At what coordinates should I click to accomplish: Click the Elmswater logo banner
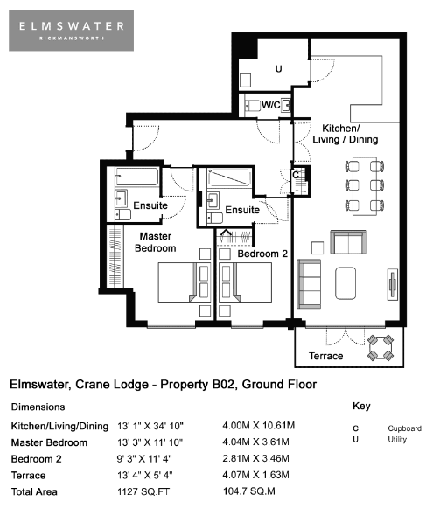pos(72,30)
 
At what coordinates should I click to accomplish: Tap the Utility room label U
pos(278,69)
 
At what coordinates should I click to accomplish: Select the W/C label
pos(270,105)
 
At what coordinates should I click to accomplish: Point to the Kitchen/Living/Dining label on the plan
pos(346,134)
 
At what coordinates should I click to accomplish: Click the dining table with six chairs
pos(365,185)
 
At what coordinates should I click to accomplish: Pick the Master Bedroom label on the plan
pos(155,242)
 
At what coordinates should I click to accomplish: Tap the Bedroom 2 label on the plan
pos(262,254)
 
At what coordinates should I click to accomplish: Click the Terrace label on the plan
pos(325,356)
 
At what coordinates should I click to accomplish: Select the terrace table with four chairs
pos(381,348)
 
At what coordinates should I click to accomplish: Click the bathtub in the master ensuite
pos(137,177)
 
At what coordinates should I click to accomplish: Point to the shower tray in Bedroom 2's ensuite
pos(229,177)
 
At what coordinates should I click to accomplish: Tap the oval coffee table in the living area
pos(346,283)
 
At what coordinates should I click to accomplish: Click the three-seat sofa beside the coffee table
pos(310,284)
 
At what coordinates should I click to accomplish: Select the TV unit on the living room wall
pos(393,284)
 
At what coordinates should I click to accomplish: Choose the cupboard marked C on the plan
pos(300,180)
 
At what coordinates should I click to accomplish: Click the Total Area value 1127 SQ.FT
pos(143,491)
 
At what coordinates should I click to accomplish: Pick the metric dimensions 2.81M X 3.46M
pos(255,458)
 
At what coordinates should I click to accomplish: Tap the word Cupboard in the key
pos(404,428)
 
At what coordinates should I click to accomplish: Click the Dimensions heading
pos(38,407)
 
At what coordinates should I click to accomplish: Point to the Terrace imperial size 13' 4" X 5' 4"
pos(145,476)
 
